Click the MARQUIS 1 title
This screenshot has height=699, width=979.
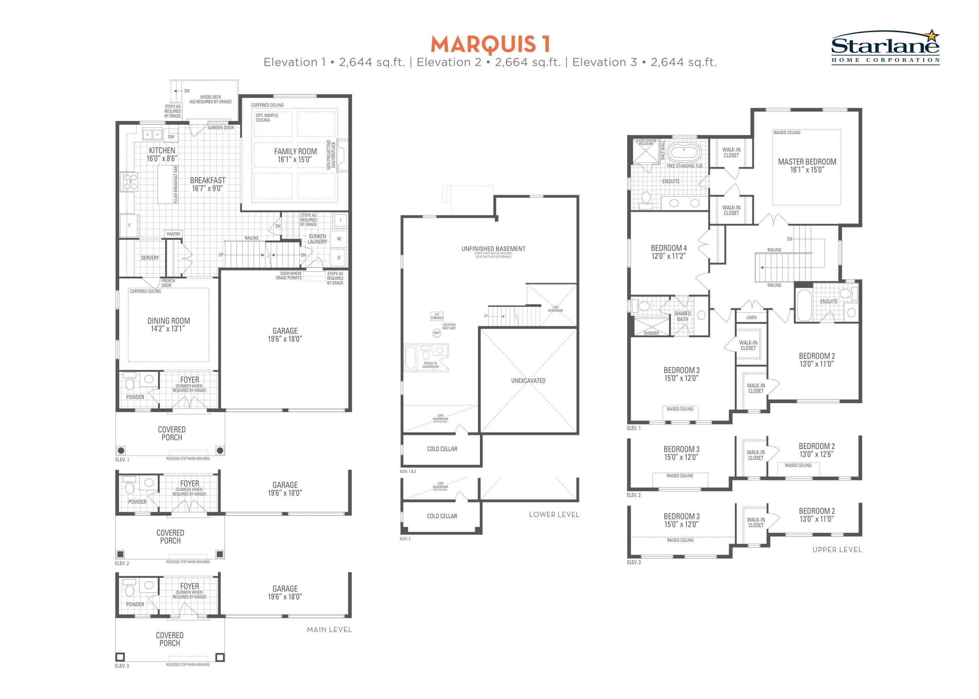tap(490, 44)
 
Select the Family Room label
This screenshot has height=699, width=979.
tap(296, 151)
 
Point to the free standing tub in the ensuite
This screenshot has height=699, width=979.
tap(684, 152)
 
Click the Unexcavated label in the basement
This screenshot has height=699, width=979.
tap(528, 381)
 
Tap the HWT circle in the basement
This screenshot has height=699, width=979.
tap(437, 333)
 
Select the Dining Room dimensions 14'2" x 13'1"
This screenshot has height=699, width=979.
tap(168, 329)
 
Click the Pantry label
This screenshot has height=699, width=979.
tap(174, 234)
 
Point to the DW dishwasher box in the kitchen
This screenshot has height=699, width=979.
tap(171, 136)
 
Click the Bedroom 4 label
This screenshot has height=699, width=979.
tap(668, 248)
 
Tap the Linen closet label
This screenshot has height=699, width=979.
tap(751, 318)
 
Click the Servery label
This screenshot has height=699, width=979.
tap(150, 258)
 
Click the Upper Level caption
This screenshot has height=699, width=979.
tap(837, 550)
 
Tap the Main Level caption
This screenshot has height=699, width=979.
tap(329, 629)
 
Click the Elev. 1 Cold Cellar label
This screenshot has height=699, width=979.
tap(442, 449)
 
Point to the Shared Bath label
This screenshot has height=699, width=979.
tap(682, 316)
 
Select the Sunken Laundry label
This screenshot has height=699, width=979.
tap(317, 239)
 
